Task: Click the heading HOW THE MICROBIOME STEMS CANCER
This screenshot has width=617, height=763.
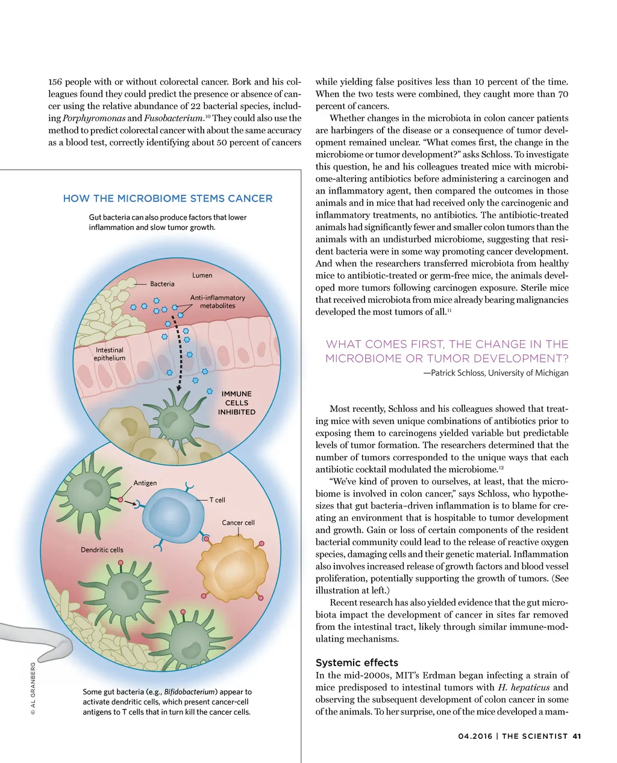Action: (168, 198)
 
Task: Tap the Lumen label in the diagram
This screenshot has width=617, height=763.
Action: (202, 275)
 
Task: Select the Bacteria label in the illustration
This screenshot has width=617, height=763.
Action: (162, 283)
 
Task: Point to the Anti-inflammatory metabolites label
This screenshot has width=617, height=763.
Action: (218, 302)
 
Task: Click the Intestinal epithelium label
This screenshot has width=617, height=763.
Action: (109, 354)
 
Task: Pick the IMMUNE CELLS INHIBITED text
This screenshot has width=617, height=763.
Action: (237, 403)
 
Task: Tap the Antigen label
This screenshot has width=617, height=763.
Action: (145, 483)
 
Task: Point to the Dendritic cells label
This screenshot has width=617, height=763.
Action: (102, 549)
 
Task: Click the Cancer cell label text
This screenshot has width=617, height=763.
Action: (238, 522)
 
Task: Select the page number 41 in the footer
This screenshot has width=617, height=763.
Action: (577, 736)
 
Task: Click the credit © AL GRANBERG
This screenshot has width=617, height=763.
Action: (33, 689)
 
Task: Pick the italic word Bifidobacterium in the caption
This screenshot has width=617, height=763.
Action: (189, 692)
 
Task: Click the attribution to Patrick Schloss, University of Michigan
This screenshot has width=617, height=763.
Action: (496, 373)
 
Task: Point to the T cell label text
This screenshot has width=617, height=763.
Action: (217, 500)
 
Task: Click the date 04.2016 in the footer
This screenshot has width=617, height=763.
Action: (475, 736)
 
